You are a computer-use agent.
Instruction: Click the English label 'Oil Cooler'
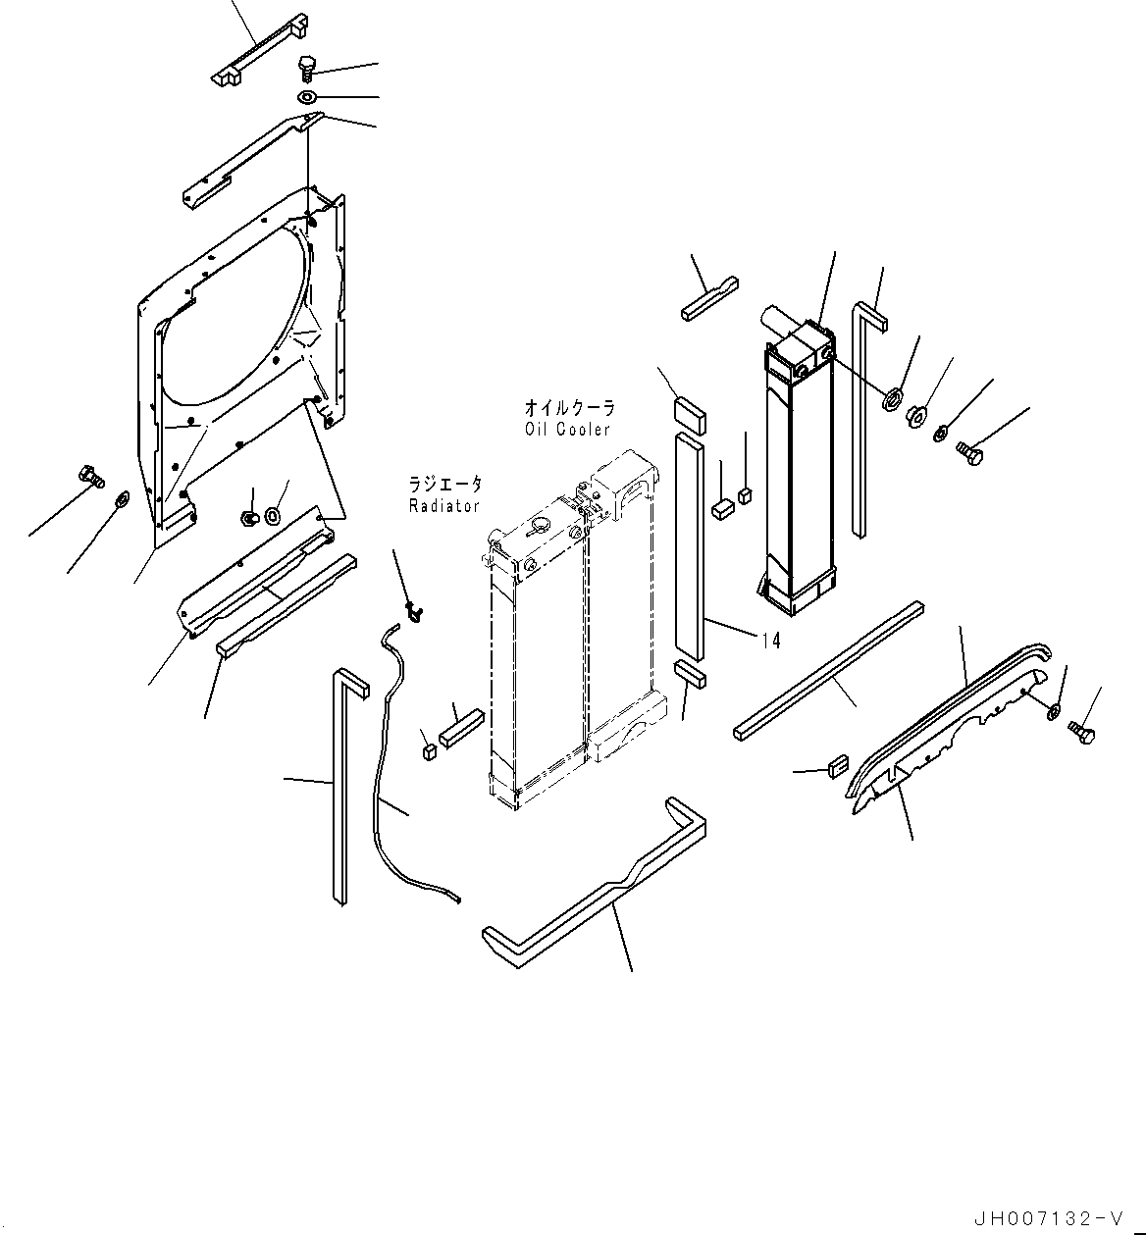click(x=567, y=430)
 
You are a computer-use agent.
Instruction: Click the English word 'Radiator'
click(x=444, y=506)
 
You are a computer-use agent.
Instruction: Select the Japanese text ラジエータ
click(x=446, y=485)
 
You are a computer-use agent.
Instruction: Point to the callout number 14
click(x=771, y=641)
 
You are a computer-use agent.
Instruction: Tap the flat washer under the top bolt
click(x=307, y=97)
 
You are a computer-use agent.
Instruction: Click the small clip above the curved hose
click(x=413, y=614)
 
